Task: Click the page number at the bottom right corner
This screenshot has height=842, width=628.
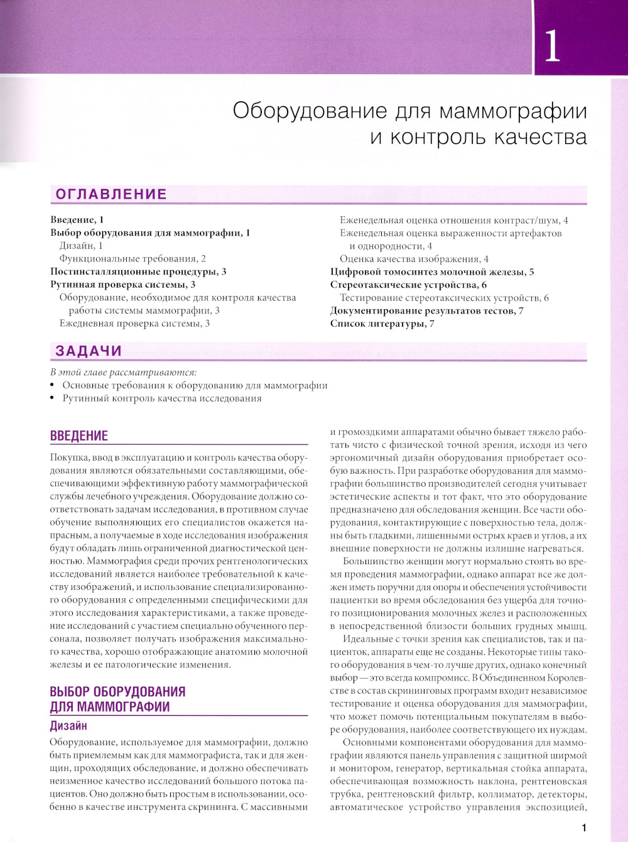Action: click(583, 828)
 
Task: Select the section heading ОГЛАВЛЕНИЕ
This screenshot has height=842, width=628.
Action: click(111, 194)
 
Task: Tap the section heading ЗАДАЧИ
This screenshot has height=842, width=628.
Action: click(89, 351)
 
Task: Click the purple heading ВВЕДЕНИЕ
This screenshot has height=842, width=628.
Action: click(78, 435)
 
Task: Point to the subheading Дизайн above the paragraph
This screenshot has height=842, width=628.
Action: click(68, 726)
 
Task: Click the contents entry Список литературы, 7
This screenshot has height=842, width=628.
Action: click(382, 324)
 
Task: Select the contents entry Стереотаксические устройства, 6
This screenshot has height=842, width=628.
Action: click(408, 285)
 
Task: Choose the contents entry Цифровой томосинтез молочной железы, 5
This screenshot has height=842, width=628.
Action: click(432, 271)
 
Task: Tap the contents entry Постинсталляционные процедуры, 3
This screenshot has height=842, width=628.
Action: click(138, 271)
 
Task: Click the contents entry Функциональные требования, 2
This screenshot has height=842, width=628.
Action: click(133, 258)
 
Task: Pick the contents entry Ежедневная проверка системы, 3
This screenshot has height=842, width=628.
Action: click(134, 324)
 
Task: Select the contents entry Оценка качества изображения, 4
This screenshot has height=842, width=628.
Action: click(414, 259)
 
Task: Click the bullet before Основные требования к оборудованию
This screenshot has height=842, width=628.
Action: click(53, 386)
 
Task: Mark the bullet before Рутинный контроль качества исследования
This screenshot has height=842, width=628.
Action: click(53, 398)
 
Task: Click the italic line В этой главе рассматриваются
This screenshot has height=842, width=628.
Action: click(123, 372)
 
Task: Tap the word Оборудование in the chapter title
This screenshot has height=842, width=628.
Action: click(310, 111)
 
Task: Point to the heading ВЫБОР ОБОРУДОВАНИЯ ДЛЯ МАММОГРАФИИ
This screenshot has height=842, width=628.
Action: click(117, 699)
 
